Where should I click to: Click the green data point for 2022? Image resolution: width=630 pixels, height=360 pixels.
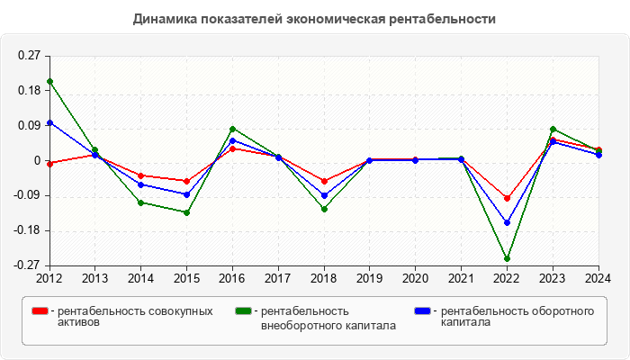(x=508, y=259)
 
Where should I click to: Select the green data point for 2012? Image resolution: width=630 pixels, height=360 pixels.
(x=49, y=81)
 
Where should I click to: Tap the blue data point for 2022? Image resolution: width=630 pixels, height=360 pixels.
(x=508, y=222)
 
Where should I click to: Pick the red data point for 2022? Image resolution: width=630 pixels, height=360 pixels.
(x=508, y=198)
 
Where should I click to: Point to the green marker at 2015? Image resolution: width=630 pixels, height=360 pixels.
(x=186, y=212)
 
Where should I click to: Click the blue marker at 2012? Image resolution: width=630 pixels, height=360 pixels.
(x=49, y=122)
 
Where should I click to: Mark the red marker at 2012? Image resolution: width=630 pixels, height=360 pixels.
(x=49, y=164)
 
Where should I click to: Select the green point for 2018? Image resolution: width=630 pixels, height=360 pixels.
(x=324, y=209)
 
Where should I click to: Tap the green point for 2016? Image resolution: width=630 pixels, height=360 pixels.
(x=232, y=129)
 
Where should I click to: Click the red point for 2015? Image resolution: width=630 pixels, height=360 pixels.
(x=186, y=181)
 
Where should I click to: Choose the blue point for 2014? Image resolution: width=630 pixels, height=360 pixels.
(x=140, y=184)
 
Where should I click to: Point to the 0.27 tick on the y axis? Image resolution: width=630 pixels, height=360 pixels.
(x=29, y=56)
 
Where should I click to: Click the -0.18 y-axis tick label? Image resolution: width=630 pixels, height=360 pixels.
(x=27, y=230)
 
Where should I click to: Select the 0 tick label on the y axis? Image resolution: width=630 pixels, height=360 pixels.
(x=37, y=161)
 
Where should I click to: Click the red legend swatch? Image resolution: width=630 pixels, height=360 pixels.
(x=40, y=311)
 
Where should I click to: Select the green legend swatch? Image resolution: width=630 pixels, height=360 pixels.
(x=243, y=311)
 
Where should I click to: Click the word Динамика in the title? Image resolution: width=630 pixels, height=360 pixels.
(x=163, y=18)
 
